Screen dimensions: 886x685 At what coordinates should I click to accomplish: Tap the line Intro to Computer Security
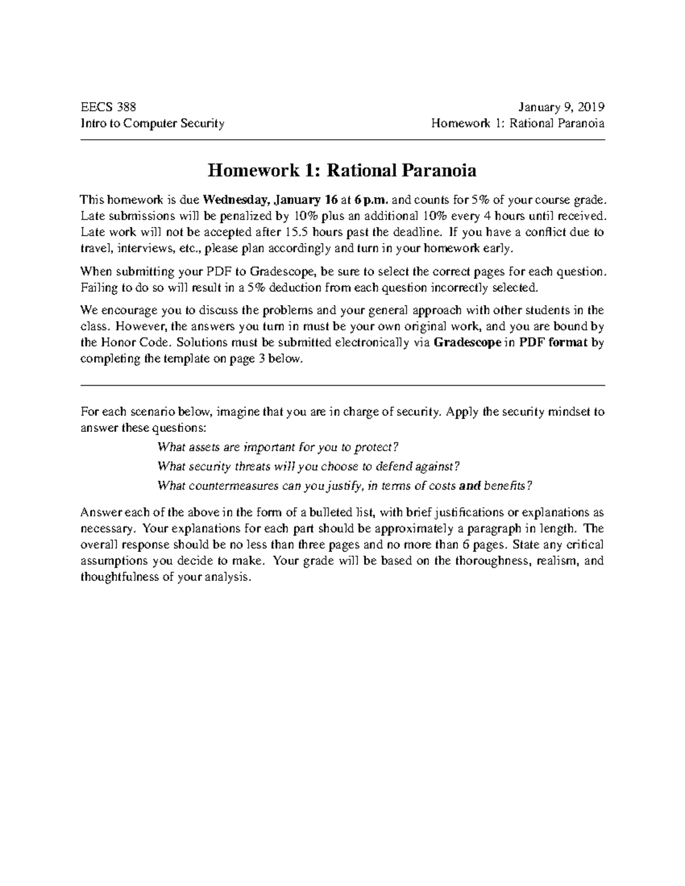(x=152, y=123)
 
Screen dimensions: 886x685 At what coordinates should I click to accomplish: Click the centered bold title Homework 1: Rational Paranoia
(x=342, y=171)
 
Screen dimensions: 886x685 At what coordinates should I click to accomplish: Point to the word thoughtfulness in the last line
(x=118, y=577)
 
